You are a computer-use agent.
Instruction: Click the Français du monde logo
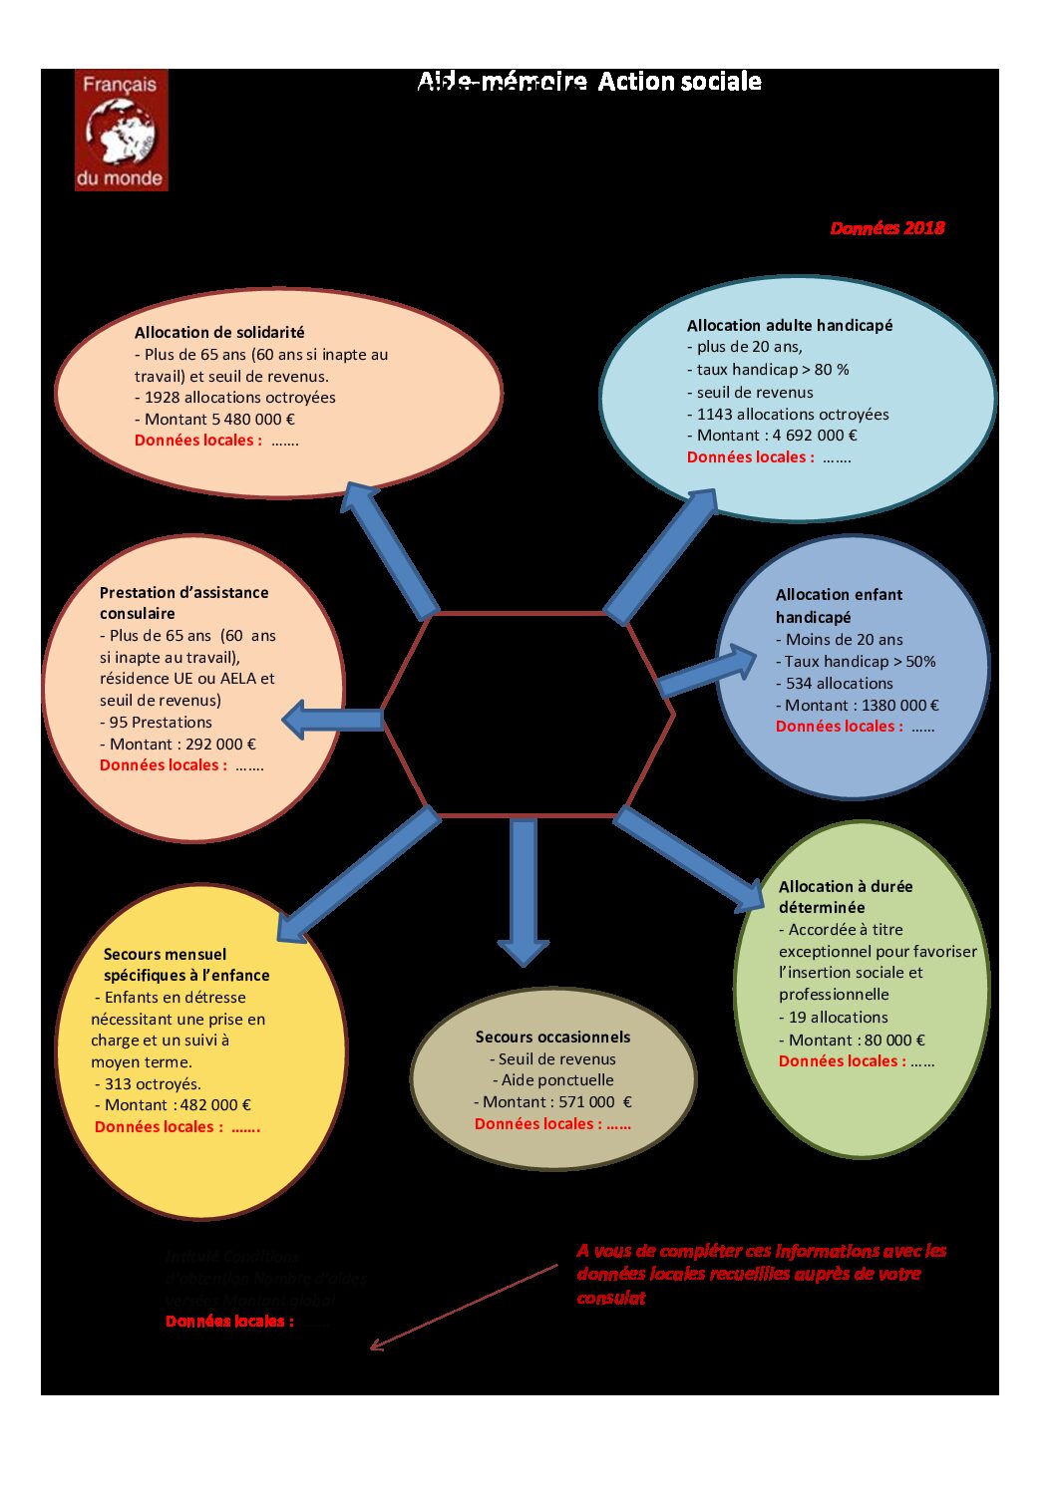click(x=121, y=130)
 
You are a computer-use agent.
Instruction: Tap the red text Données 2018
click(x=886, y=228)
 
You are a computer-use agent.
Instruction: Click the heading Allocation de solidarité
click(x=219, y=333)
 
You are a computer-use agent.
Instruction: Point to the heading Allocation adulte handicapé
click(x=789, y=326)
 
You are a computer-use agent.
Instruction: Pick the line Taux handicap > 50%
click(x=860, y=662)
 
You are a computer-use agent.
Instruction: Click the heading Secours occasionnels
click(x=552, y=1038)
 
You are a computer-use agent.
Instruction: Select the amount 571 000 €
click(x=595, y=1102)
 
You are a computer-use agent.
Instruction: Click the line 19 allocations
click(x=838, y=1018)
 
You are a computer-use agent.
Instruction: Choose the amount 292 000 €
click(x=220, y=745)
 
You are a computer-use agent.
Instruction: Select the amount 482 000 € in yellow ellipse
click(x=215, y=1105)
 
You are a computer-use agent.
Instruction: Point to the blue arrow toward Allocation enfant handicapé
click(x=708, y=671)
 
